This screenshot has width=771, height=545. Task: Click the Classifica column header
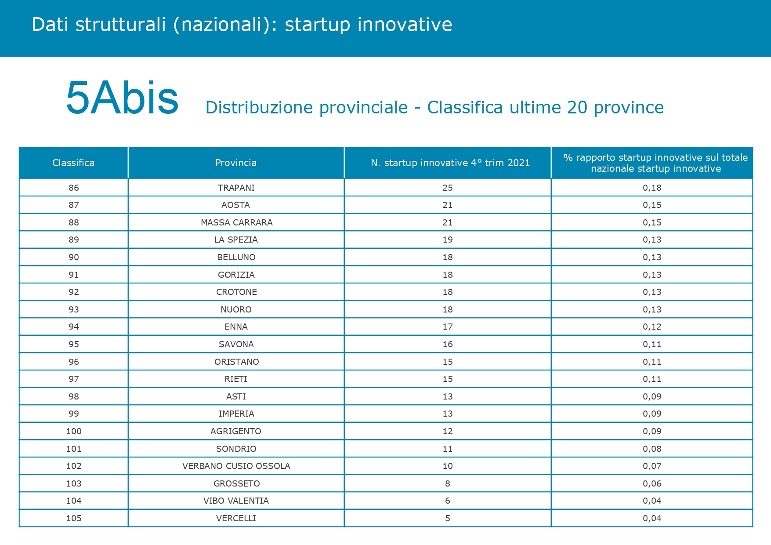tap(73, 163)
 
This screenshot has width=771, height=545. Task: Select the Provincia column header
tap(236, 163)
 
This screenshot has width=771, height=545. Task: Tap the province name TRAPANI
tap(236, 188)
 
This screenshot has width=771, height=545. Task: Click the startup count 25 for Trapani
tap(448, 188)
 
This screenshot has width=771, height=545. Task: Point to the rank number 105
tap(74, 518)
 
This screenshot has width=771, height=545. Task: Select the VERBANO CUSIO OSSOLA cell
tap(236, 466)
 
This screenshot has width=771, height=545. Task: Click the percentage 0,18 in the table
tap(652, 188)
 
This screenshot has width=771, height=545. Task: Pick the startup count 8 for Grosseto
tap(448, 483)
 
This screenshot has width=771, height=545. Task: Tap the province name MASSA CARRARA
tap(237, 222)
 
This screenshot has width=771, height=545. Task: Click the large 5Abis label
tap(122, 98)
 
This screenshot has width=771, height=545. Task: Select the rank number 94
tap(74, 327)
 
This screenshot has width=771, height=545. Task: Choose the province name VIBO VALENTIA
tap(236, 501)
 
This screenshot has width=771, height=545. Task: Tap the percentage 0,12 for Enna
tap(652, 327)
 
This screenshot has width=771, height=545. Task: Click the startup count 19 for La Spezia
tap(448, 240)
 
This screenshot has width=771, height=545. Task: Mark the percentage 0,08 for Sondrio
tap(652, 449)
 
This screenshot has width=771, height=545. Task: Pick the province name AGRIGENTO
tap(236, 431)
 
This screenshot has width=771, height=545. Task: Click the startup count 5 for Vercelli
tap(448, 518)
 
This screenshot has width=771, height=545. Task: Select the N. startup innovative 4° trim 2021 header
tap(450, 163)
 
